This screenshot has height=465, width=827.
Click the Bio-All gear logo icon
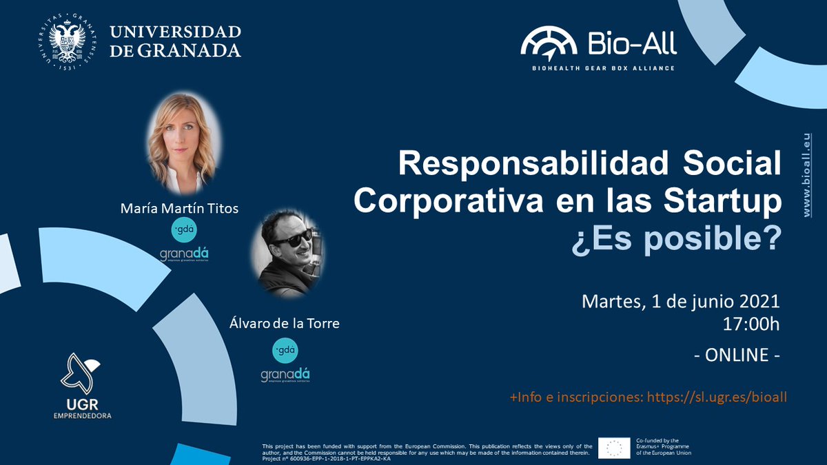(549, 43)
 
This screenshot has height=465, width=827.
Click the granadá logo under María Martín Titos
(184, 255)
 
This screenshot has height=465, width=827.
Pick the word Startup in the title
(731, 201)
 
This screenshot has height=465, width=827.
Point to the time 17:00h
(750, 324)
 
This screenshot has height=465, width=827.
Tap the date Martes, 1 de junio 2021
(681, 302)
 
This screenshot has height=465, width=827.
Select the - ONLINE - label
(737, 355)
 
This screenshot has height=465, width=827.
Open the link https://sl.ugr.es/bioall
(717, 397)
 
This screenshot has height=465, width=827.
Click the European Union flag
(613, 447)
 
